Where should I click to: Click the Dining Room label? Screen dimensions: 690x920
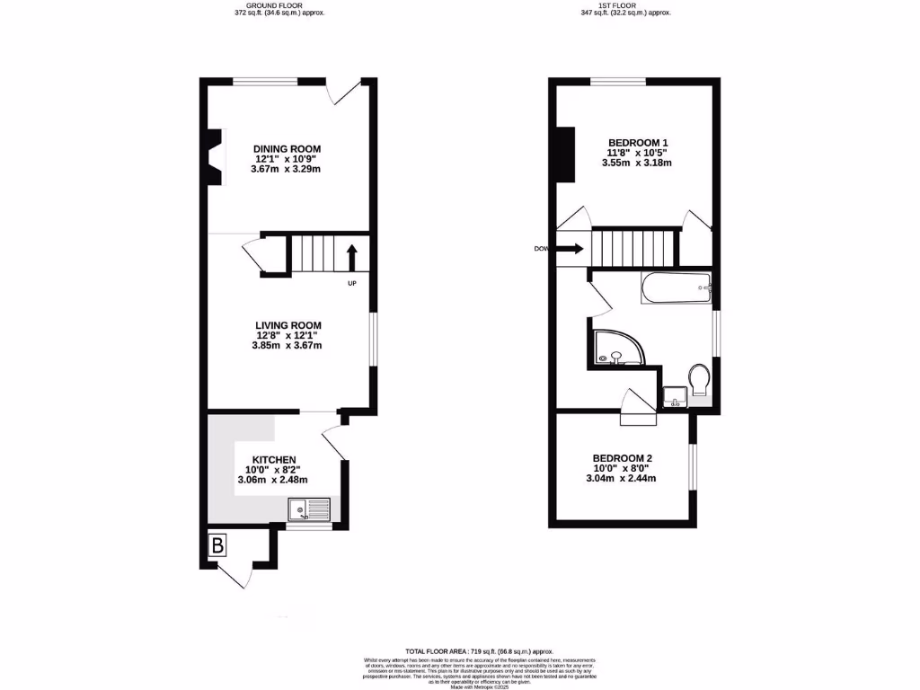[x=287, y=149]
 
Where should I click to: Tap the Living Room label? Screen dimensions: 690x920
[x=287, y=325]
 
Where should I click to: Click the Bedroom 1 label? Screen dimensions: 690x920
[x=638, y=143]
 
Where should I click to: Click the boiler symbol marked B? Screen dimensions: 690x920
[x=217, y=544]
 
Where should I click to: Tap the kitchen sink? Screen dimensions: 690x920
[x=308, y=510]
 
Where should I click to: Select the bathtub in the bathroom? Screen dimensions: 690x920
[x=677, y=289]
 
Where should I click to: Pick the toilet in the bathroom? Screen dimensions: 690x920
[x=699, y=379]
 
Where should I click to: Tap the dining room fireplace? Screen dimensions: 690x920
[x=213, y=157]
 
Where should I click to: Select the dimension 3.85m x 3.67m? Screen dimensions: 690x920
[x=287, y=346]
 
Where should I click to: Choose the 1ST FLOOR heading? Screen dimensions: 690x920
[x=625, y=4]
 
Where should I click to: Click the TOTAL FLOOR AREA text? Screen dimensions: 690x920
[x=478, y=650]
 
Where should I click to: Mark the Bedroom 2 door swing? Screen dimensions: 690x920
[x=637, y=406]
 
